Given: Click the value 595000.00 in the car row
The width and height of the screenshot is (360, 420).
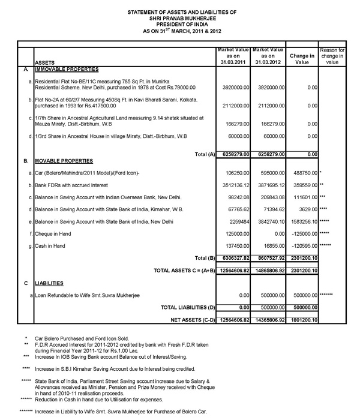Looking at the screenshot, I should point(271,173).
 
